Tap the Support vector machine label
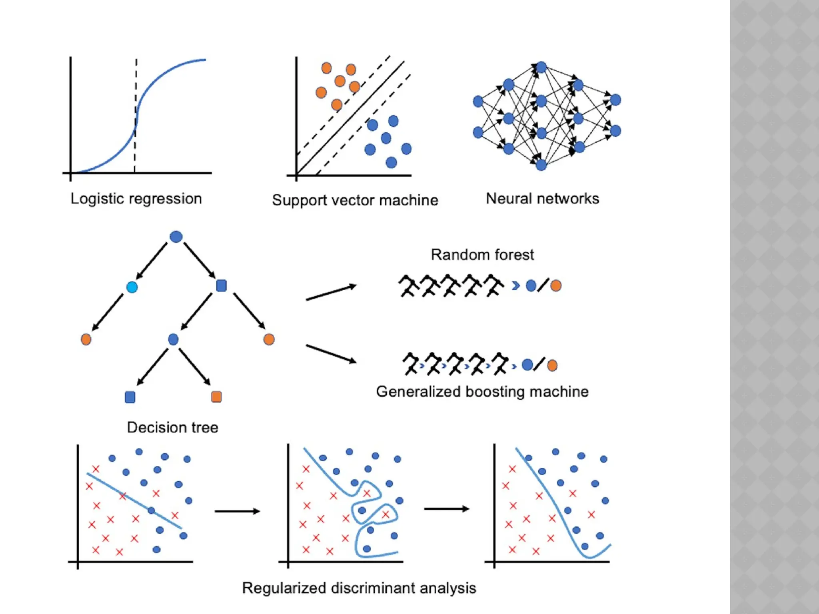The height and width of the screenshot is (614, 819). tap(355, 200)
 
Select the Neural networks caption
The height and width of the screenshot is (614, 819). tap(542, 199)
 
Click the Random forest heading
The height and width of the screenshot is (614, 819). tap(482, 255)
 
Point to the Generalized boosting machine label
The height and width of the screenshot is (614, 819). tap(482, 392)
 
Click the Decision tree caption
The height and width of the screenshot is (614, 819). tap(172, 427)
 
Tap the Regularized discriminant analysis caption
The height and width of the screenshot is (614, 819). tap(359, 588)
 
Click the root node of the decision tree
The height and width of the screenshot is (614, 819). tap(176, 237)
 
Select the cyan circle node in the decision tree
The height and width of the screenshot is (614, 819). tap(132, 287)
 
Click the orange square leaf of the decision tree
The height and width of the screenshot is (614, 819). tap(216, 397)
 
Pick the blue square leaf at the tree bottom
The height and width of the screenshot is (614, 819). tap(130, 397)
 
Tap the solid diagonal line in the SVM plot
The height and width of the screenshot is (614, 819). tap(360, 108)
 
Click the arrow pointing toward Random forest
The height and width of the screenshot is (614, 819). tap(331, 293)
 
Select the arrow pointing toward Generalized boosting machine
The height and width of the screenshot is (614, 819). tap(331, 354)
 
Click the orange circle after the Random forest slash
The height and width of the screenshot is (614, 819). tap(555, 285)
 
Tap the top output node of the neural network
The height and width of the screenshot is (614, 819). tap(615, 100)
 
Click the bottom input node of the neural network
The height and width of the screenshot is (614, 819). tap(478, 132)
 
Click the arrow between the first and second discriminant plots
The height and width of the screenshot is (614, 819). tap(237, 511)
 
